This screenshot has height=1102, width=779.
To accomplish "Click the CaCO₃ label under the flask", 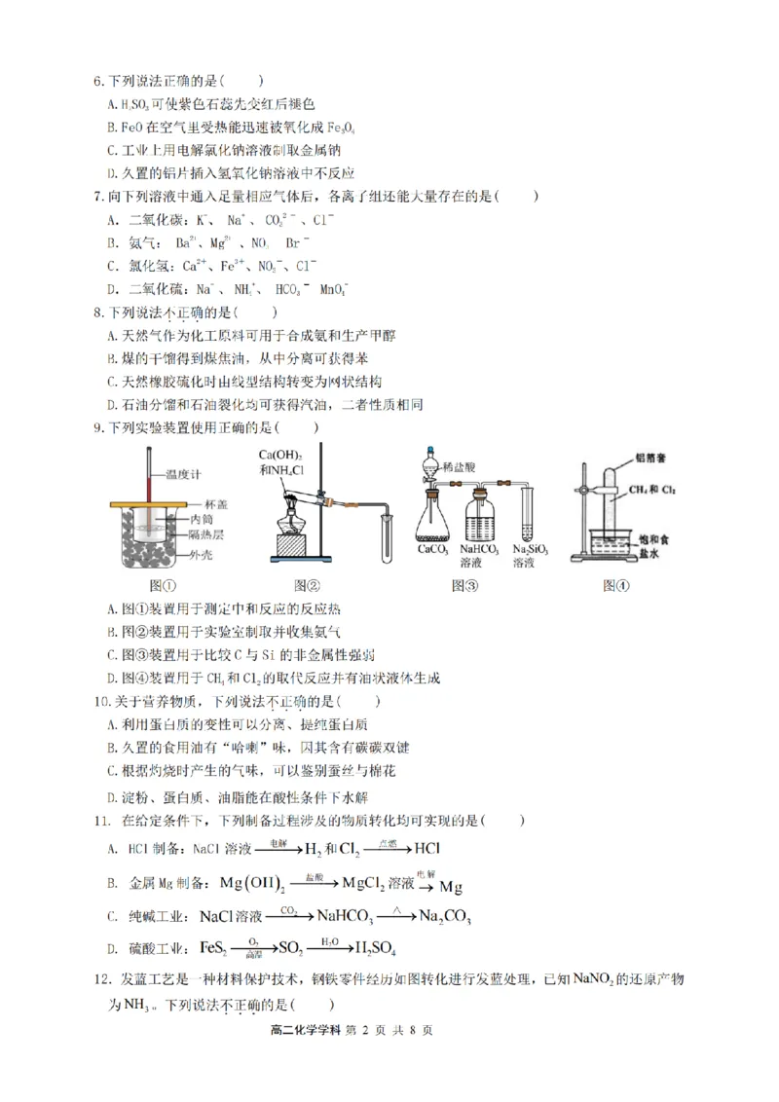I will [x=432, y=549].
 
